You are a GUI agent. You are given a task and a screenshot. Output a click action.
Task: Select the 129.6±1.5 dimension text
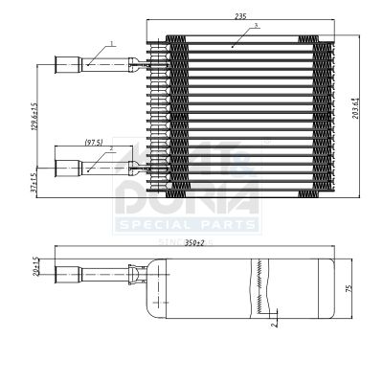34,119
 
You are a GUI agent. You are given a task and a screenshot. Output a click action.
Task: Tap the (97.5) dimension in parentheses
94,142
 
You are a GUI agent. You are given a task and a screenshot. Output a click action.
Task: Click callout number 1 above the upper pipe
112,44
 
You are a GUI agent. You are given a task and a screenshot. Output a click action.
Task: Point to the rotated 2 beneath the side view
272,326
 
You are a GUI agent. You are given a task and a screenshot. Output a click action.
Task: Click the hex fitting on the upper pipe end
66,66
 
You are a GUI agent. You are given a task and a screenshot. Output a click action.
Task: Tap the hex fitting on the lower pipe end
66,169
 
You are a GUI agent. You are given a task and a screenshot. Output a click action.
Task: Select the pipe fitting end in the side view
66,277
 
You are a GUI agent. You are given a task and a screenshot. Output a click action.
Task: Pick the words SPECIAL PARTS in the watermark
187,224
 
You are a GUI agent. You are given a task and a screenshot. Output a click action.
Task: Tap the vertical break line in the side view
259,288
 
